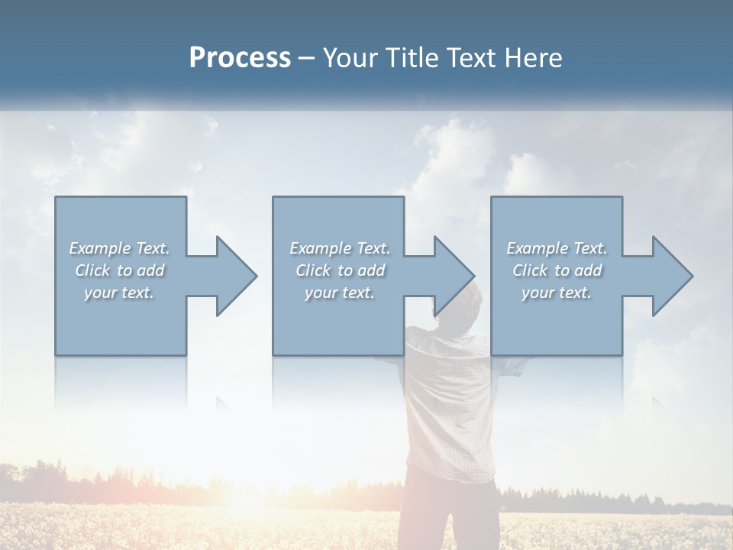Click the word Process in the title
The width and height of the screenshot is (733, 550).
coord(240,58)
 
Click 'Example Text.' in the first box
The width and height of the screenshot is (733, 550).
coord(119,248)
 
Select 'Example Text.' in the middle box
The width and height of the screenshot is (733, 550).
coord(339,248)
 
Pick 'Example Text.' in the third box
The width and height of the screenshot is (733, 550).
coord(557,248)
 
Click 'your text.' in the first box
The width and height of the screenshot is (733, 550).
coord(119,293)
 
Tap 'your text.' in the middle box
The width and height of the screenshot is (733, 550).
coord(339,293)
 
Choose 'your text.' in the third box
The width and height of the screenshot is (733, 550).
coord(557,293)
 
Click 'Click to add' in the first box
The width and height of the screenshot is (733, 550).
coord(119,270)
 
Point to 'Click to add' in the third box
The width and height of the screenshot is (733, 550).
coord(557,270)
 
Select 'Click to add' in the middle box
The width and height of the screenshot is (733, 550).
coord(339,270)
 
